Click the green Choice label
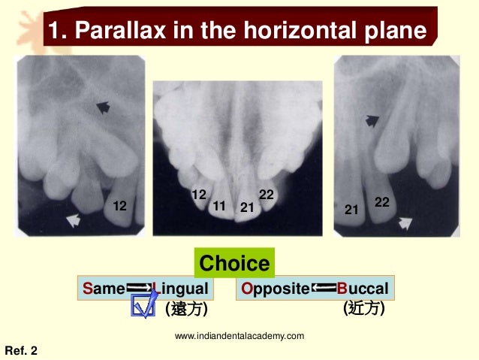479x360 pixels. click(x=234, y=264)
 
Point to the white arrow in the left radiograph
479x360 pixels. click(x=74, y=219)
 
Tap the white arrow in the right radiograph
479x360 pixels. click(x=406, y=221)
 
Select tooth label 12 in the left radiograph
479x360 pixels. click(x=119, y=205)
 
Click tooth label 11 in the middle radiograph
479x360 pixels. click(x=220, y=205)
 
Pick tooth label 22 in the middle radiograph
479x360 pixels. click(x=267, y=195)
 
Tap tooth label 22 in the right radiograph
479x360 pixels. click(x=382, y=201)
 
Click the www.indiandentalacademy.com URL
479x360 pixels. click(x=239, y=335)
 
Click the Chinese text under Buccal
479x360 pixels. click(x=363, y=308)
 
